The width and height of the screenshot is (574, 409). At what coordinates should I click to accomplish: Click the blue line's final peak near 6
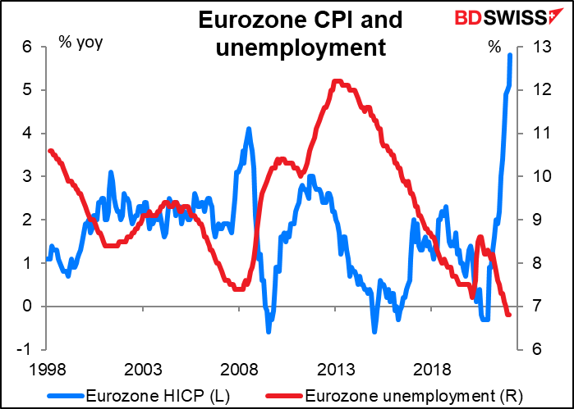511,55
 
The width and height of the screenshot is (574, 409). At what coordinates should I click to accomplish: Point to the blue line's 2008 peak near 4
248,129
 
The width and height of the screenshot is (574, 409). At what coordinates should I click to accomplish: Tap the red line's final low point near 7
508,315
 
